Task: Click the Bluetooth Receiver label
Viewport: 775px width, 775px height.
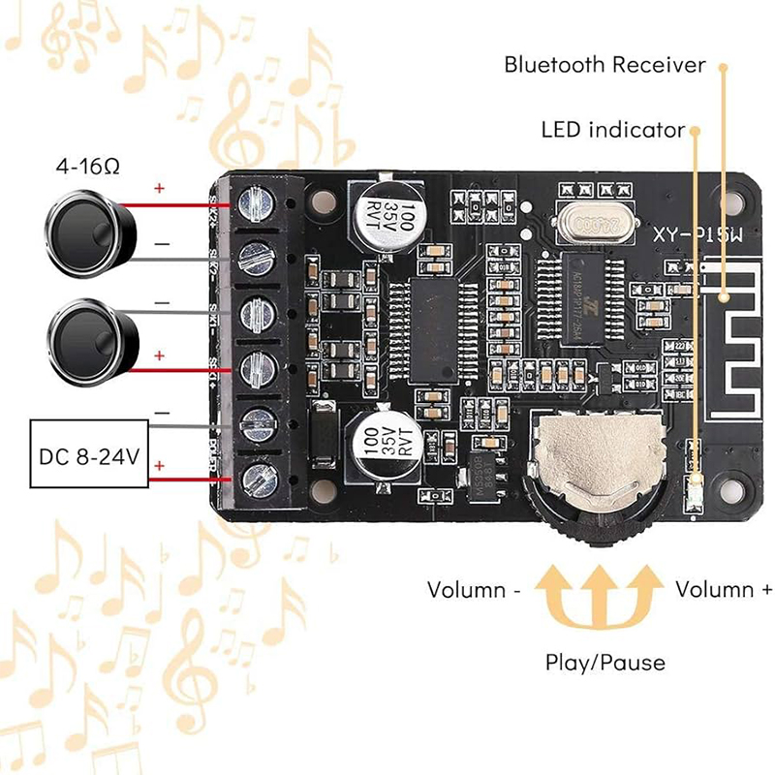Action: point(605,65)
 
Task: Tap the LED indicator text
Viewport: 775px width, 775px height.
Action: point(613,129)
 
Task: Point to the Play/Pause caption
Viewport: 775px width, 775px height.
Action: point(605,663)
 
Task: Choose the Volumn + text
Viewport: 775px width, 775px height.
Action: point(725,589)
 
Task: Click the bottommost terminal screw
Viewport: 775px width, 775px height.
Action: point(257,479)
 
